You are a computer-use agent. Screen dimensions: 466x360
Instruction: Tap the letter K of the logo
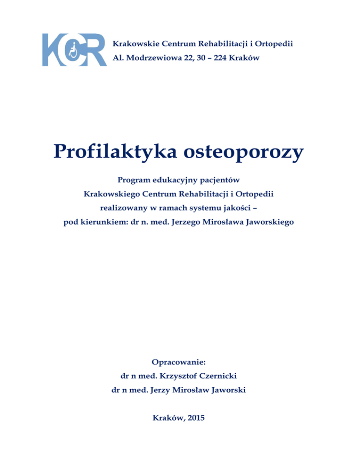52,50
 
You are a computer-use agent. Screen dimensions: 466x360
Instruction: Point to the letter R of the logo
95,50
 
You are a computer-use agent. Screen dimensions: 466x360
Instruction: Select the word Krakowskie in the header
133,44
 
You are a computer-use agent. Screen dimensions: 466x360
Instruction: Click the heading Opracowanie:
179,362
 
